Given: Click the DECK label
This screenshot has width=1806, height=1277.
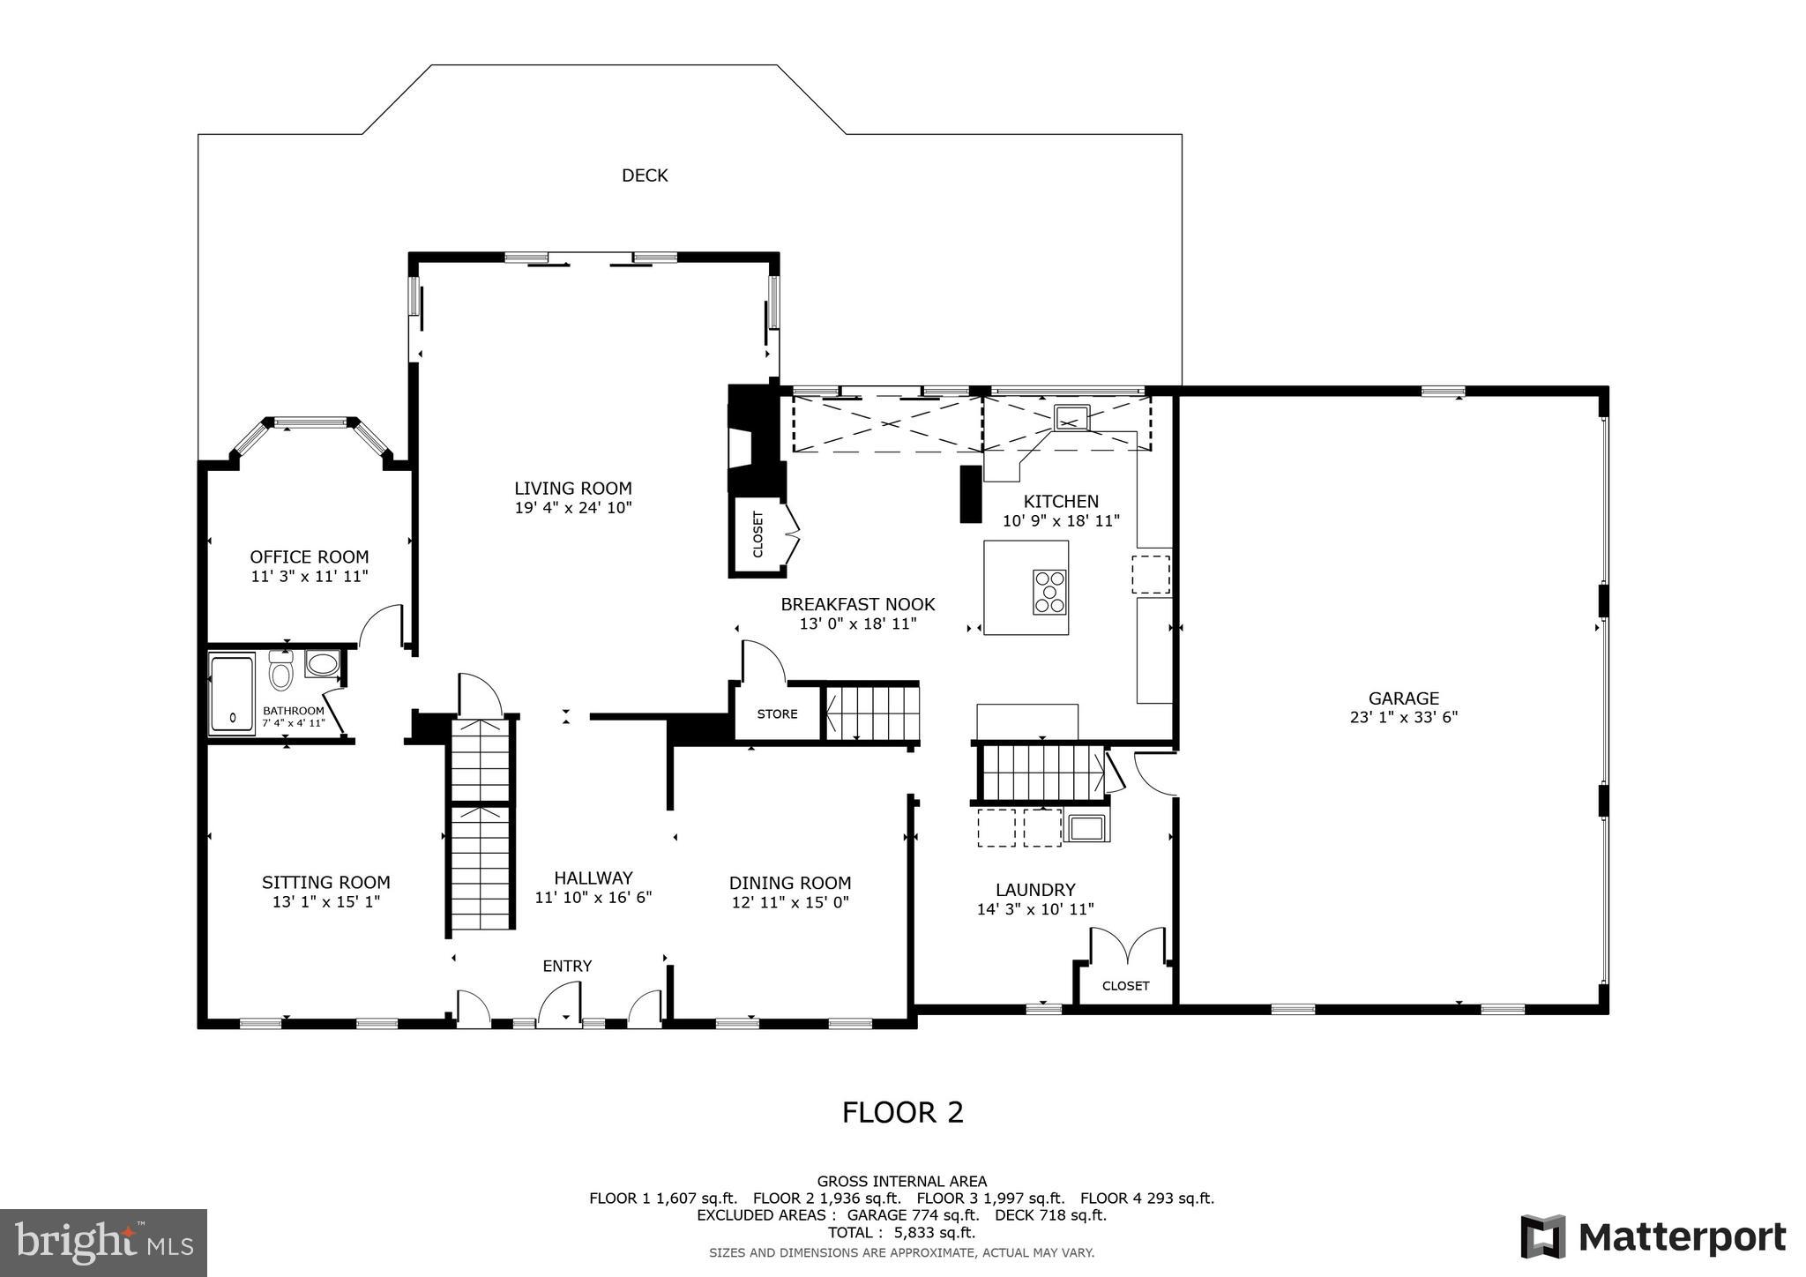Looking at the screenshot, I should pos(645,175).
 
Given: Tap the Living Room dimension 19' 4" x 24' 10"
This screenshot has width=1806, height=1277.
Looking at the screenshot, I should pos(573,508).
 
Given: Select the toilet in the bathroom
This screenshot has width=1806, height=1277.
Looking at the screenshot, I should pos(281,674).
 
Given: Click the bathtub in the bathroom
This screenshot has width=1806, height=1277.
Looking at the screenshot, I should pos(232,693).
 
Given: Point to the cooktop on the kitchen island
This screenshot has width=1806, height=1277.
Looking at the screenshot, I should pos(1049,591).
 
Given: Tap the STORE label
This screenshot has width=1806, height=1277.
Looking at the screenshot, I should pos(777,714).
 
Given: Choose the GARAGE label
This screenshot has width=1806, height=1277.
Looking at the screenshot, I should pos(1404,698).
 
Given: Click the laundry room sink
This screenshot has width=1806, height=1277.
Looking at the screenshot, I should pos(1086,827).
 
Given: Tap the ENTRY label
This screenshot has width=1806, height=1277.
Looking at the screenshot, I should pos(567,967).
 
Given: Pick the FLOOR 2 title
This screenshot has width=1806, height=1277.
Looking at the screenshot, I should pos(903,1113).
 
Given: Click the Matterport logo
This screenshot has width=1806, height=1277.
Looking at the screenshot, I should pos(1653,1237).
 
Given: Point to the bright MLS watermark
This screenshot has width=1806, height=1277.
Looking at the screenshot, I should pos(103,1243).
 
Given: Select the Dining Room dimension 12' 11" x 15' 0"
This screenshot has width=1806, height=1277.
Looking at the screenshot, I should pos(790,902).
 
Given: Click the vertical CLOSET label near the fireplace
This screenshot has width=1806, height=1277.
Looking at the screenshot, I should pos(757,535).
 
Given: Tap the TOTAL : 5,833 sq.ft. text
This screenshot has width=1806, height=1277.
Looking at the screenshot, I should pos(901,1233).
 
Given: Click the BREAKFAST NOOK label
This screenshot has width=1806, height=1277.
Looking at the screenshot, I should pos(857,605).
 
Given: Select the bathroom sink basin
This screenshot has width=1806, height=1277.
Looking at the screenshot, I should pos(322,663).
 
